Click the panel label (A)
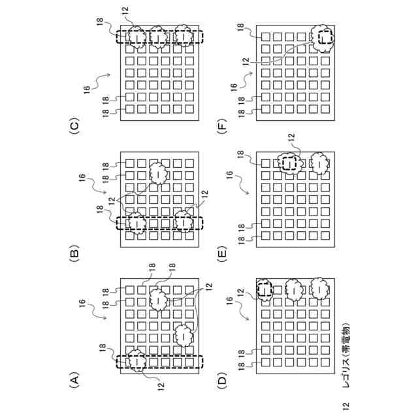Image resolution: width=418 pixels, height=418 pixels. click(74, 379)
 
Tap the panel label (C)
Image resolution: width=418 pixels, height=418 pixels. click(74, 125)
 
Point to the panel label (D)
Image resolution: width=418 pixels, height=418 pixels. click(222, 379)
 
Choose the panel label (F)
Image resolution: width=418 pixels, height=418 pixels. click(222, 125)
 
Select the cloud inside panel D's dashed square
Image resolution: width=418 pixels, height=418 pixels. click(265, 287)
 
